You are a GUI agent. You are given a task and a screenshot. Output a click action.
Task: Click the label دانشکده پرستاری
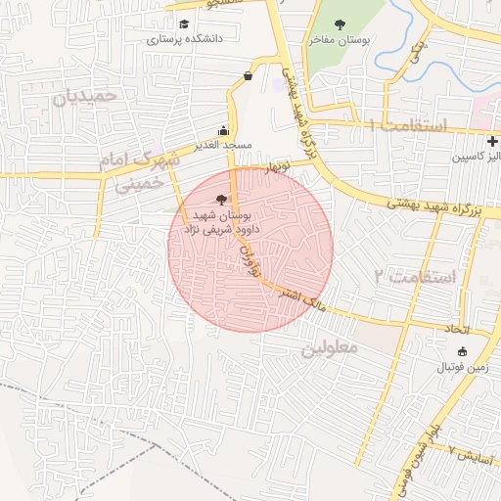coord(185,40)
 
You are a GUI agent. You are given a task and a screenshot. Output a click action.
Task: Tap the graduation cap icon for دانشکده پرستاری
coord(184,24)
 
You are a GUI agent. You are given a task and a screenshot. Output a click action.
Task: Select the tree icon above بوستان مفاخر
coord(340,24)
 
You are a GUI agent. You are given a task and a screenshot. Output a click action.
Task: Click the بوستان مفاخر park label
coord(336,40)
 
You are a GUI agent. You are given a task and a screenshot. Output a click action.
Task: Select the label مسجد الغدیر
coord(223,145)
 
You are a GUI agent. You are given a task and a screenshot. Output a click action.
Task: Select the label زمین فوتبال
coord(463,366)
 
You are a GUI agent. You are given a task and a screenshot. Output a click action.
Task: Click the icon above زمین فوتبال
coord(463,351)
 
